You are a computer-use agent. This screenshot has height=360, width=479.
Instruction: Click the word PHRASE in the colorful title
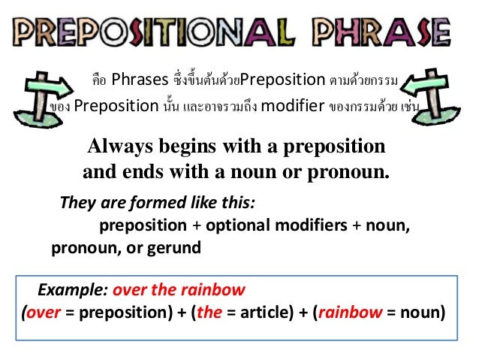[389, 33]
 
